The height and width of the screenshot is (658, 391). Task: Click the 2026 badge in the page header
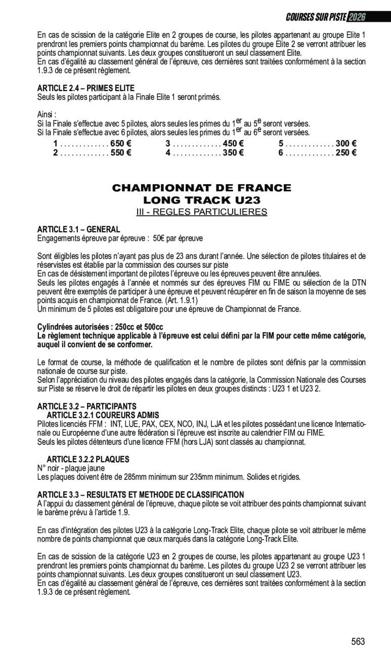point(357,17)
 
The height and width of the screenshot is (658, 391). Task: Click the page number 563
point(358,642)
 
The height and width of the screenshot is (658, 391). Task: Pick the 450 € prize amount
point(233,144)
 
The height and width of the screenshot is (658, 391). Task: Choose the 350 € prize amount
point(233,152)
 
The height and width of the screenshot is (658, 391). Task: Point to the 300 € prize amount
point(346,144)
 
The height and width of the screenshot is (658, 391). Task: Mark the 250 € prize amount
point(346,152)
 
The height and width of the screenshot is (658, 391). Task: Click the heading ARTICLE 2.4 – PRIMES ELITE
point(86,89)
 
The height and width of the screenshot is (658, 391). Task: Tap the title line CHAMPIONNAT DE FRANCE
point(201,188)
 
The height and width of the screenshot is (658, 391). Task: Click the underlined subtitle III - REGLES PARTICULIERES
point(201,212)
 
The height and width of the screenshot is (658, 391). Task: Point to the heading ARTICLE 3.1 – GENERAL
point(78,230)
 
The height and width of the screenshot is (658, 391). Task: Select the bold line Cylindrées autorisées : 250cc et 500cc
point(100,327)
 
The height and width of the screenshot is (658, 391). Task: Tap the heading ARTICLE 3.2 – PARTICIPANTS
point(86,406)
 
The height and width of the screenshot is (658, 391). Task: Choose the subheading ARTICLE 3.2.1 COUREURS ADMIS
point(103,415)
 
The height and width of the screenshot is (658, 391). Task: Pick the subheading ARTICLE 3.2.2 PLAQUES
point(88,460)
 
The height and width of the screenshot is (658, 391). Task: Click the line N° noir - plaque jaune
point(71,468)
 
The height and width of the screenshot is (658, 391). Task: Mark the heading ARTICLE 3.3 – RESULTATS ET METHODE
point(141,495)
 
